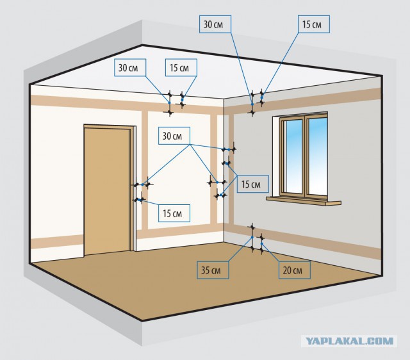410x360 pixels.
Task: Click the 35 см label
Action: [213, 270]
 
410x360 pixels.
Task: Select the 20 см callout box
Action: [295, 270]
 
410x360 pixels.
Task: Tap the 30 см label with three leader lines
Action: [174, 136]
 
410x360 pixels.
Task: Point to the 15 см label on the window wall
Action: [252, 184]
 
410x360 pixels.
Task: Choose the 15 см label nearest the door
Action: [174, 213]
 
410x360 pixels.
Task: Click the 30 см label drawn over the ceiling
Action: [130, 68]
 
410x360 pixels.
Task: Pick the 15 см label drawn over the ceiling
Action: [181, 68]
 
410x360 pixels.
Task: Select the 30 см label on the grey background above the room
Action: [215, 24]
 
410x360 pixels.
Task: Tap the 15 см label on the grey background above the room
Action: [314, 24]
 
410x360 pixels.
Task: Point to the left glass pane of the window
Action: [294, 156]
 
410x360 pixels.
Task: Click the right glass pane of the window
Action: [318, 156]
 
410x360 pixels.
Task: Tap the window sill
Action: [304, 201]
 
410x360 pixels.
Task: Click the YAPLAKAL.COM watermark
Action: [349, 341]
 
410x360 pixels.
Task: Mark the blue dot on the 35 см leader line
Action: [252, 238]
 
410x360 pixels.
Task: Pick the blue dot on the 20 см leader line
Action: [262, 243]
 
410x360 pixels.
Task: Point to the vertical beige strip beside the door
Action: [145, 170]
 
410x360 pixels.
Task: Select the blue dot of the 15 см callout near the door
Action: [140, 200]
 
